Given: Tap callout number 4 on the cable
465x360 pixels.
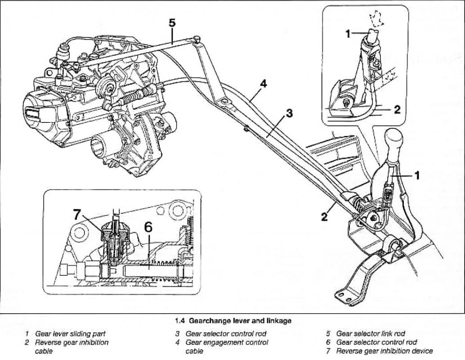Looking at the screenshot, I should pos(263,84).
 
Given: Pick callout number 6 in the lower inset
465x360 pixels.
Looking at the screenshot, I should pos(148,227).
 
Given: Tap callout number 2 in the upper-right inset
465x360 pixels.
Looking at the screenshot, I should pos(397,109).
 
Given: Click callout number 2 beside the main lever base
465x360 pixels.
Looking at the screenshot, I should pos(324,217).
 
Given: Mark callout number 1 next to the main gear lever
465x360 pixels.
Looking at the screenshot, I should pos(417,176).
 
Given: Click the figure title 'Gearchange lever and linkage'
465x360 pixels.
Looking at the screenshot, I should pos(240,321).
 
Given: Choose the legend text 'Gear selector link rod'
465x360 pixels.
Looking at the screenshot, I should pos(371,333).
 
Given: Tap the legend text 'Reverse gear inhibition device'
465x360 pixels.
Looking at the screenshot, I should pos(385,351).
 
